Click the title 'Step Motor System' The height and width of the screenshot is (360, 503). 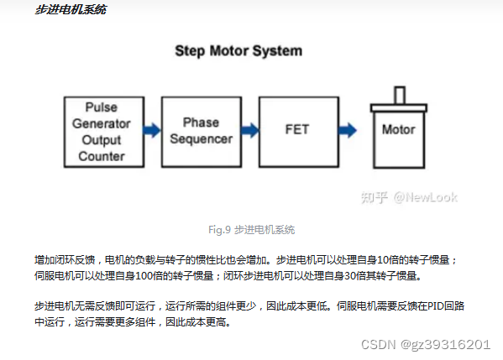pyautogui.click(x=238, y=51)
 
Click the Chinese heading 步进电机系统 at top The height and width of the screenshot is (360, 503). pyautogui.click(x=71, y=9)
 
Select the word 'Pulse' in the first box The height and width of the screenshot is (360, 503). pyautogui.click(x=102, y=107)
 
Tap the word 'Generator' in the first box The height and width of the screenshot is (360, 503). pyautogui.click(x=102, y=123)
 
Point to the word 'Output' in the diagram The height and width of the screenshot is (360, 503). pyautogui.click(x=102, y=140)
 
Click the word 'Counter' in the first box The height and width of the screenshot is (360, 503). pyautogui.click(x=102, y=156)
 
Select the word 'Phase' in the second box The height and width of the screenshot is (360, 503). pyautogui.click(x=202, y=123)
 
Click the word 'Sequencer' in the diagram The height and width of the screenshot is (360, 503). pyautogui.click(x=202, y=138)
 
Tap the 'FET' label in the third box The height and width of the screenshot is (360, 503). pyautogui.click(x=297, y=129)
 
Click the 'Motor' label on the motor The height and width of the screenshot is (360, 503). pyautogui.click(x=398, y=129)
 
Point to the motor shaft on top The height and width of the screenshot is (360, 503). pyautogui.click(x=400, y=95)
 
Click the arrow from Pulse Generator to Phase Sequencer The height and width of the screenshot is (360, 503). pyautogui.click(x=152, y=130)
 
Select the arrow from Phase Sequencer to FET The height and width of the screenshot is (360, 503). pyautogui.click(x=249, y=130)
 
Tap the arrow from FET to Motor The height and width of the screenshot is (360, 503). pyautogui.click(x=348, y=130)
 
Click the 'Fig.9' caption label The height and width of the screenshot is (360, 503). pyautogui.click(x=219, y=230)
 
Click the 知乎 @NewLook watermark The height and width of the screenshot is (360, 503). pyautogui.click(x=409, y=197)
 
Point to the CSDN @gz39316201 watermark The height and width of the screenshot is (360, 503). pyautogui.click(x=426, y=345)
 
